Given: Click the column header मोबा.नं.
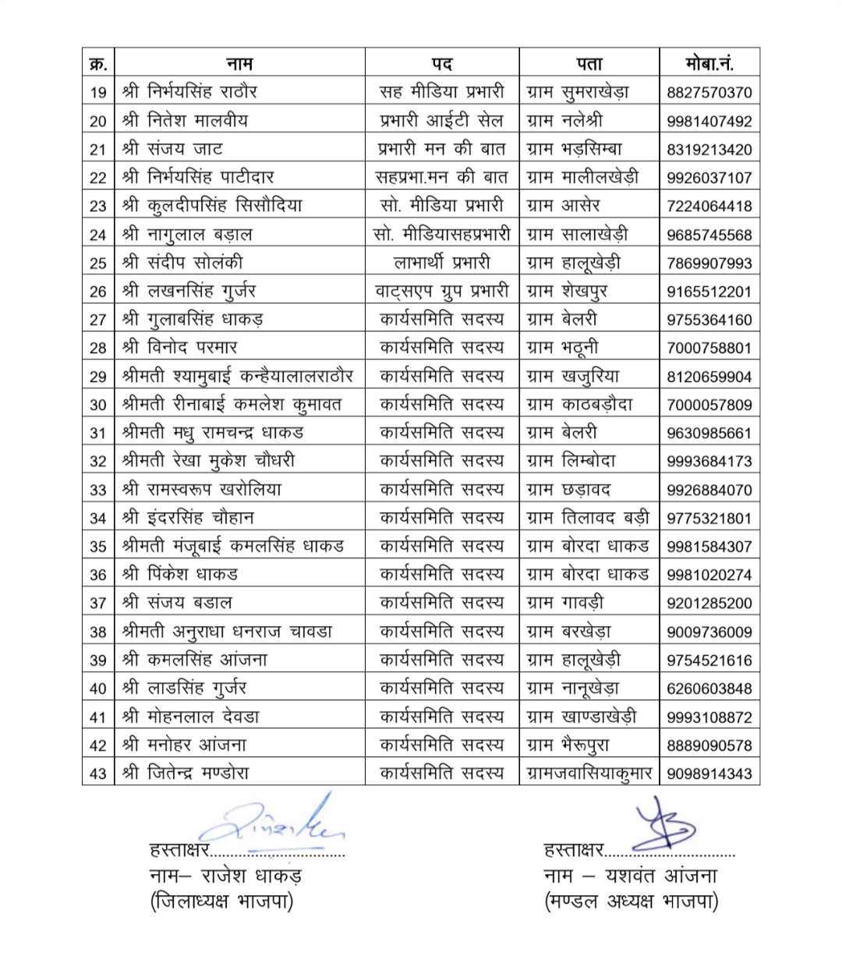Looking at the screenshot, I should coord(709,63).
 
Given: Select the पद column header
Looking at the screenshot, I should coord(442,63).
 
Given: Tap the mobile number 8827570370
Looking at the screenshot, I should coord(709,93).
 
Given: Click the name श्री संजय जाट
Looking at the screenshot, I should coord(173,149).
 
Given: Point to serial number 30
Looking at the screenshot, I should coord(98,405).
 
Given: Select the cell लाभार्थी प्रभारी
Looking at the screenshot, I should coord(442,263).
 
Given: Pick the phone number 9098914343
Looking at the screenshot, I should coord(709,774).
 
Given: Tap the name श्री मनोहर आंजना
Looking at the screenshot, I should coord(185,745).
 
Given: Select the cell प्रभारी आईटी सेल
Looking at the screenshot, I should coord(442,121).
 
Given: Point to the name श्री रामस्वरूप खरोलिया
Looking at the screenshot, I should coord(202,490).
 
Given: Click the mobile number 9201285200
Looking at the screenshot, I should coord(709,604).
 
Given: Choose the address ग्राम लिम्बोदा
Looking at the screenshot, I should coord(571,462).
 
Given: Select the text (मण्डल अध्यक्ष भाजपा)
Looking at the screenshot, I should coord(631,902).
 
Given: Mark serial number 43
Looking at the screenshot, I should coord(98,774).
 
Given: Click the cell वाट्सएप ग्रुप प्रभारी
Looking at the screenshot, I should coord(442,292).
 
